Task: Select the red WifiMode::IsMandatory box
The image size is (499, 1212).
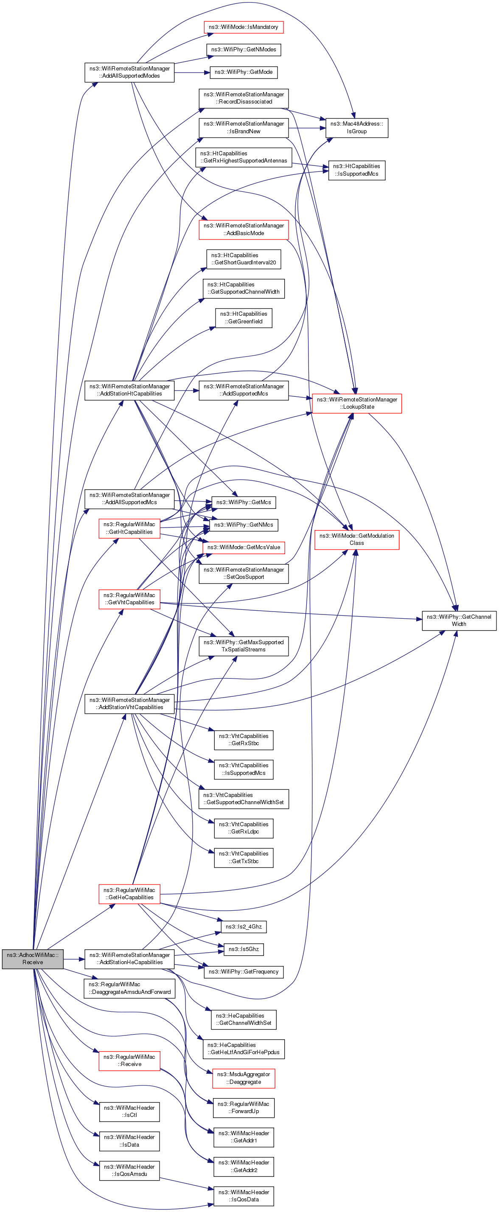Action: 243,27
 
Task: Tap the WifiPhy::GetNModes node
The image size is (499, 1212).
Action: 243,49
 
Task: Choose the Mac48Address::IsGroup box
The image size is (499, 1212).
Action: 356,127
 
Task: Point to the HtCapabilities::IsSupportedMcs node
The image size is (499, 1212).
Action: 356,170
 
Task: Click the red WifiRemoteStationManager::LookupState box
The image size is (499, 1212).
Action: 356,403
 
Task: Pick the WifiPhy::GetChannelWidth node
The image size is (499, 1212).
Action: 459,620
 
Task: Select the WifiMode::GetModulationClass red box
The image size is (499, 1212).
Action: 356,539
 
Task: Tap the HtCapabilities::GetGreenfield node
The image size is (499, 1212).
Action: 243,317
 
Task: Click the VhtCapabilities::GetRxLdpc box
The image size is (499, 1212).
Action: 243,828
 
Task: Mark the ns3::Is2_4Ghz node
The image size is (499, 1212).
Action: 243,926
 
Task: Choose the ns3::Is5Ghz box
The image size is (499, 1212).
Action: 243,949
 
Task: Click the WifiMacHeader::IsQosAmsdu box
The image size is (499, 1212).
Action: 129,1170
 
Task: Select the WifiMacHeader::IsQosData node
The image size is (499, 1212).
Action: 243,1195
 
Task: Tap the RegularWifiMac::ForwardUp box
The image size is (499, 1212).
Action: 243,1108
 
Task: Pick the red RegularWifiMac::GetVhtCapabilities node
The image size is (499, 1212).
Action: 129,598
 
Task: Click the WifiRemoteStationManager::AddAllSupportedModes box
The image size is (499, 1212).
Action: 129,72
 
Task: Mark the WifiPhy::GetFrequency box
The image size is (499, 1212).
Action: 243,971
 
